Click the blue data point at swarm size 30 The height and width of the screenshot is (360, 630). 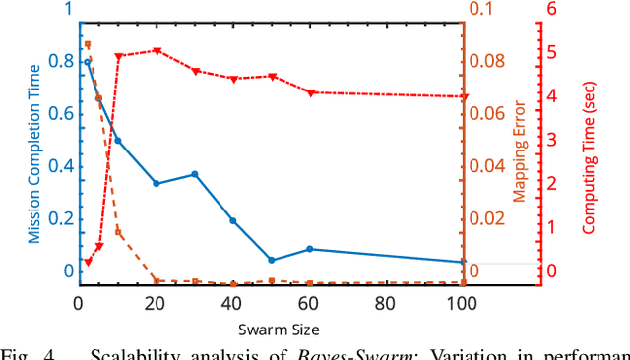pos(195,174)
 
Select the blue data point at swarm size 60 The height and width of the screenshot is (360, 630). pos(310,249)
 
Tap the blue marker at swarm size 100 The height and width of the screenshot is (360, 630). pos(464,263)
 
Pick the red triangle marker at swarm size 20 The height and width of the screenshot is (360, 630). pos(157,51)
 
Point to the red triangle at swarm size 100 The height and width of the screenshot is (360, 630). pos(464,97)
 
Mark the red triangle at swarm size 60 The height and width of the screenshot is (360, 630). pos(310,93)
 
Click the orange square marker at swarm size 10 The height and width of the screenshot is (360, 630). pos(118,232)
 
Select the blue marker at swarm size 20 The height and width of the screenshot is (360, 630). pos(157,184)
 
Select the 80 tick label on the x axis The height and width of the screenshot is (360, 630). pos(386,305)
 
